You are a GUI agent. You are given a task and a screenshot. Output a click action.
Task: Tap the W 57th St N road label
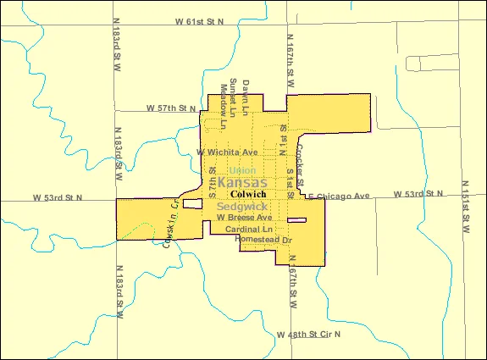pos(170,109)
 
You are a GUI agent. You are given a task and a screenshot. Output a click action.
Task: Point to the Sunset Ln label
pos(233,96)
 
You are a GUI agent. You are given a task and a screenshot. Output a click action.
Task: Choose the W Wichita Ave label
pos(227,152)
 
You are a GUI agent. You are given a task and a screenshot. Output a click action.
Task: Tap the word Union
pos(242,170)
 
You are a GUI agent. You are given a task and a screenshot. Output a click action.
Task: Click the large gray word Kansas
pos(242,183)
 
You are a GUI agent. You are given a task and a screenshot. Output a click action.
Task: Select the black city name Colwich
pos(242,195)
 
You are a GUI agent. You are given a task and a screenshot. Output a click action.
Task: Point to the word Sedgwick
pos(242,207)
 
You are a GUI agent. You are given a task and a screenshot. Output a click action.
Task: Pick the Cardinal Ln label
pos(249,230)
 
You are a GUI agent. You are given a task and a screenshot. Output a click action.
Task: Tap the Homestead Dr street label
pos(263,241)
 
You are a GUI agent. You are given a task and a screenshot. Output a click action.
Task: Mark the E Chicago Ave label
pos(339,197)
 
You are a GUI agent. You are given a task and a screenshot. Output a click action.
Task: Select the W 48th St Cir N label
pos(308,335)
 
